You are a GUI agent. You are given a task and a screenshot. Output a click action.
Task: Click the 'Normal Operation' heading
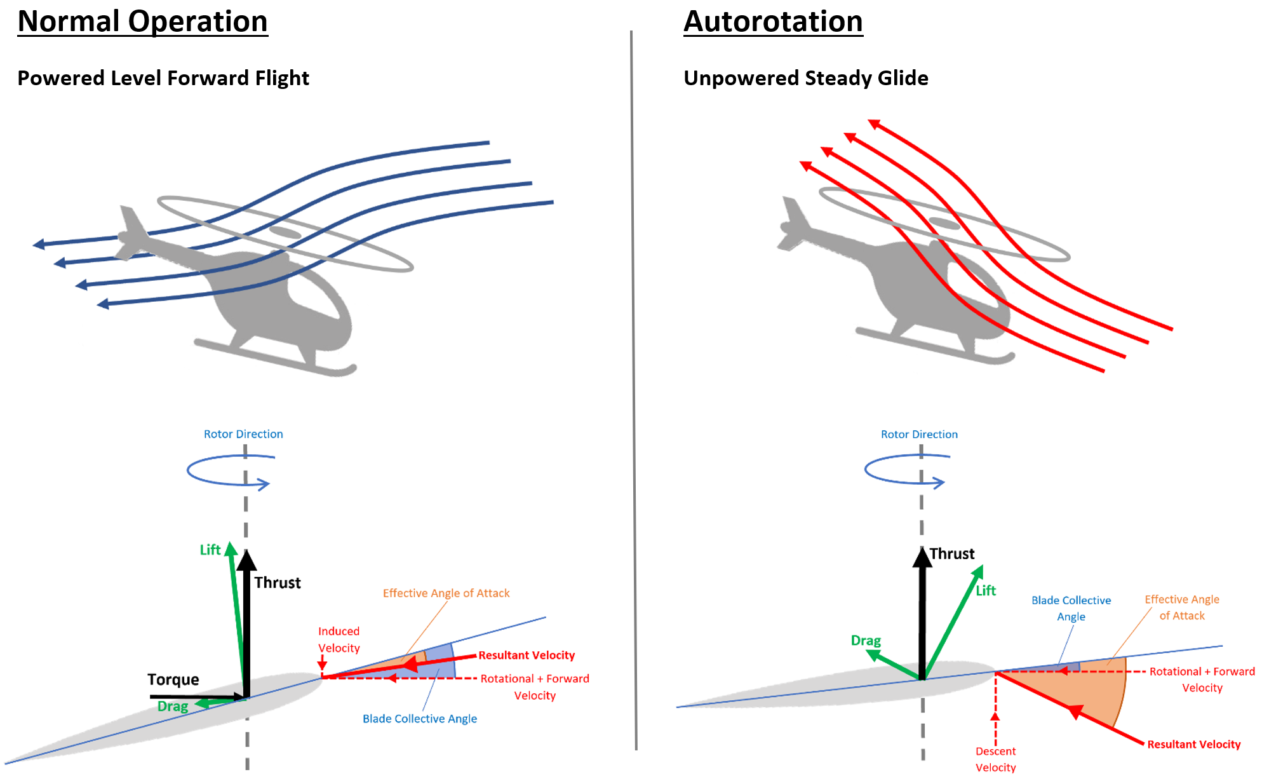tap(142, 22)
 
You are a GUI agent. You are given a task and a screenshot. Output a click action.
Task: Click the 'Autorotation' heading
tap(773, 22)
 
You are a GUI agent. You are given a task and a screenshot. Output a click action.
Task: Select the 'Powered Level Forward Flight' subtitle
tap(163, 78)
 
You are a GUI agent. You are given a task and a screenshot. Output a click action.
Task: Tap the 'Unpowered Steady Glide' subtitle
tap(805, 78)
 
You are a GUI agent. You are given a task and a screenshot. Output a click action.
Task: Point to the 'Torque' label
tap(173, 679)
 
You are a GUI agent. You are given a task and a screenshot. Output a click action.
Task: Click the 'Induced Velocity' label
tap(339, 639)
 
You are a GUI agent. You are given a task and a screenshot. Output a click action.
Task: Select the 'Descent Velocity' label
tap(995, 759)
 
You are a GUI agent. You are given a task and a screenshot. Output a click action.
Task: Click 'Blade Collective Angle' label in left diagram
tap(419, 719)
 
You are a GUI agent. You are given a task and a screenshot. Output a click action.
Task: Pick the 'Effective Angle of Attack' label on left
tap(446, 593)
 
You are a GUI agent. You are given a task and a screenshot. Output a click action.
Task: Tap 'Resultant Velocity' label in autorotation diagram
tap(1193, 744)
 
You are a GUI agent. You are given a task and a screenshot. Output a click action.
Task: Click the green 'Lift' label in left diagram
tap(210, 550)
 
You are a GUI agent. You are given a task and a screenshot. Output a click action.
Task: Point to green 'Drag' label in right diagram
tap(865, 640)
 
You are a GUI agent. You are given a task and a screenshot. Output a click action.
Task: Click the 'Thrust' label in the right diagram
tap(951, 553)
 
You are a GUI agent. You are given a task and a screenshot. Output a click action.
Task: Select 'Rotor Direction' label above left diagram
tap(243, 434)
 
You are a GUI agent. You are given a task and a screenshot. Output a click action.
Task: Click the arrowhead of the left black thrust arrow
tap(246, 560)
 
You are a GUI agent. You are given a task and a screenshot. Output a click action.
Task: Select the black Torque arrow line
tap(191, 697)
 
